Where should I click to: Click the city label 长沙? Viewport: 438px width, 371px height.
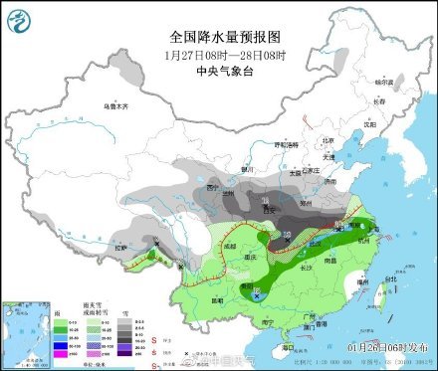click(308, 266)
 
